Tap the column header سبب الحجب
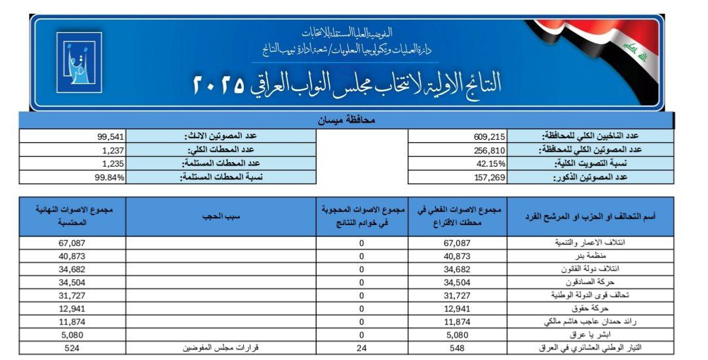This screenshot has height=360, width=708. (x=221, y=216)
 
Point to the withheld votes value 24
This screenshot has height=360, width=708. (x=361, y=348)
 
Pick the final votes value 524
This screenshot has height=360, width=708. (x=72, y=348)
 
